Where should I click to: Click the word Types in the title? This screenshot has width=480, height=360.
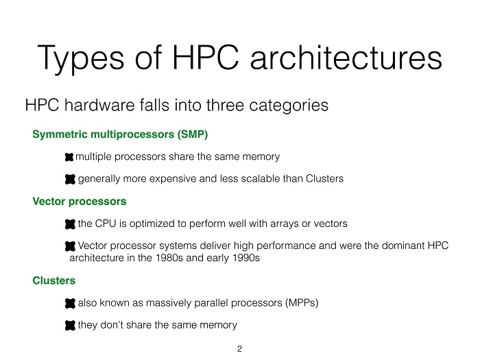pyautogui.click(x=81, y=58)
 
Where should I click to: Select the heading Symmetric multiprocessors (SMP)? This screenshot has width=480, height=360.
pyautogui.click(x=120, y=134)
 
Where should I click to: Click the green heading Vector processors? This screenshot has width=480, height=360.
pyautogui.click(x=80, y=202)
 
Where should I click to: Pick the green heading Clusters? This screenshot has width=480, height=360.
pyautogui.click(x=54, y=280)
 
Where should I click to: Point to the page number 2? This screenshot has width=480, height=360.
pyautogui.click(x=240, y=348)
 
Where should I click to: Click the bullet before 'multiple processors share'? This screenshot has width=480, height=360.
pyautogui.click(x=69, y=157)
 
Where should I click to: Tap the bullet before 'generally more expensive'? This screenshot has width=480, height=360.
pyautogui.click(x=70, y=179)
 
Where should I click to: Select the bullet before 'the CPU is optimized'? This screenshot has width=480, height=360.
pyautogui.click(x=70, y=224)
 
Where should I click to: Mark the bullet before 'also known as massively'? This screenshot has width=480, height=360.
pyautogui.click(x=70, y=303)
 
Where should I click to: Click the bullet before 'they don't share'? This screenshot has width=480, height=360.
pyautogui.click(x=70, y=326)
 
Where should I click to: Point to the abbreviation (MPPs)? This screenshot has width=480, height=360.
pyautogui.click(x=302, y=303)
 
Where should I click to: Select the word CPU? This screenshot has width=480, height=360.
pyautogui.click(x=106, y=224)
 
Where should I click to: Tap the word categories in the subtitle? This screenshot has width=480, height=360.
pyautogui.click(x=289, y=106)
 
